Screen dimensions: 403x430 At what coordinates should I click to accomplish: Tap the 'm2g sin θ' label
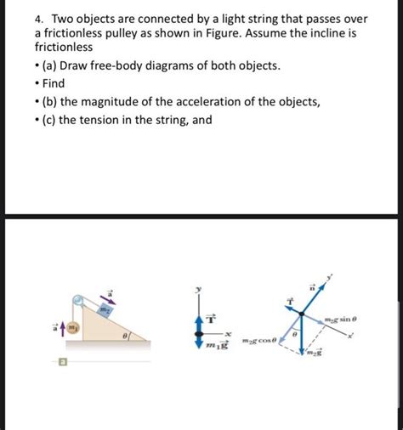346,320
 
